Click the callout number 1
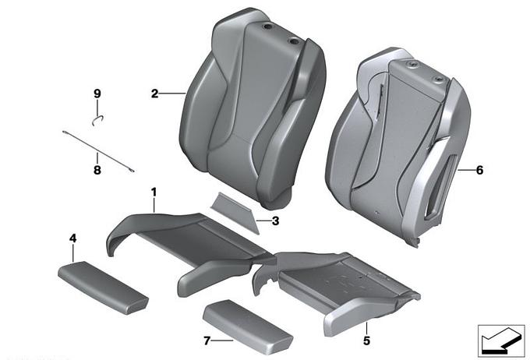pos(154,192)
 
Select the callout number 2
pos(155,94)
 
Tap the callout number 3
pos(275,221)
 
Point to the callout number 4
pos(72,238)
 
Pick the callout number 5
pos(367,341)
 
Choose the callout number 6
pos(479,170)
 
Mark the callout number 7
pos(207,341)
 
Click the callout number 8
pos(97,169)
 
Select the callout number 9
pos(97,94)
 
